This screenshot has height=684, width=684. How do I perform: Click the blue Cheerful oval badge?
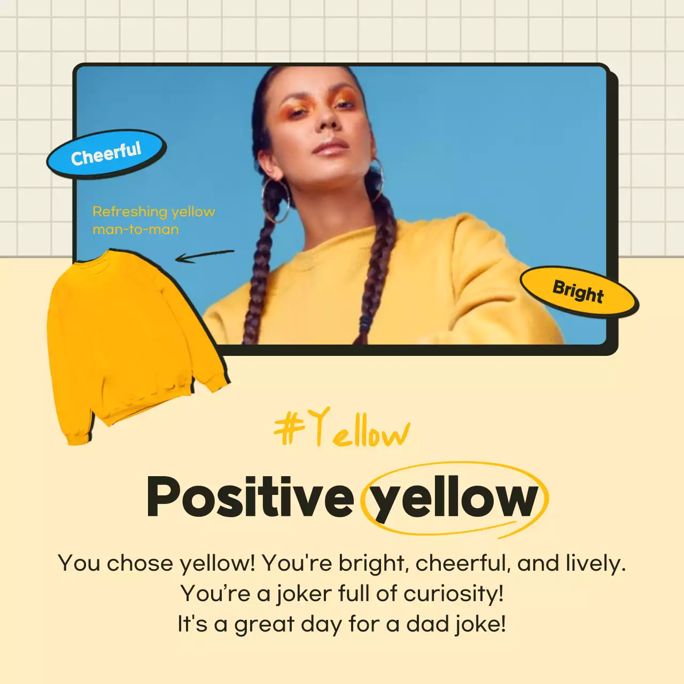[x=106, y=153]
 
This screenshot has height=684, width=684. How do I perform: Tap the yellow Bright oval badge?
[x=579, y=291]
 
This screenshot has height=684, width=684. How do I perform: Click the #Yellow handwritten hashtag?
[x=342, y=428]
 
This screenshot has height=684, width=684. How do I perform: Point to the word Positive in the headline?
[x=250, y=497]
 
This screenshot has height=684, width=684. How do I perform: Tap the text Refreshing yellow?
[x=153, y=212]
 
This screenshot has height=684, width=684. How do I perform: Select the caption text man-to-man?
[x=136, y=230]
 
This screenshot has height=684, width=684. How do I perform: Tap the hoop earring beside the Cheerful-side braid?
[x=276, y=201]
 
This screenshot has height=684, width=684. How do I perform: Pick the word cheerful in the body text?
[x=462, y=563]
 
